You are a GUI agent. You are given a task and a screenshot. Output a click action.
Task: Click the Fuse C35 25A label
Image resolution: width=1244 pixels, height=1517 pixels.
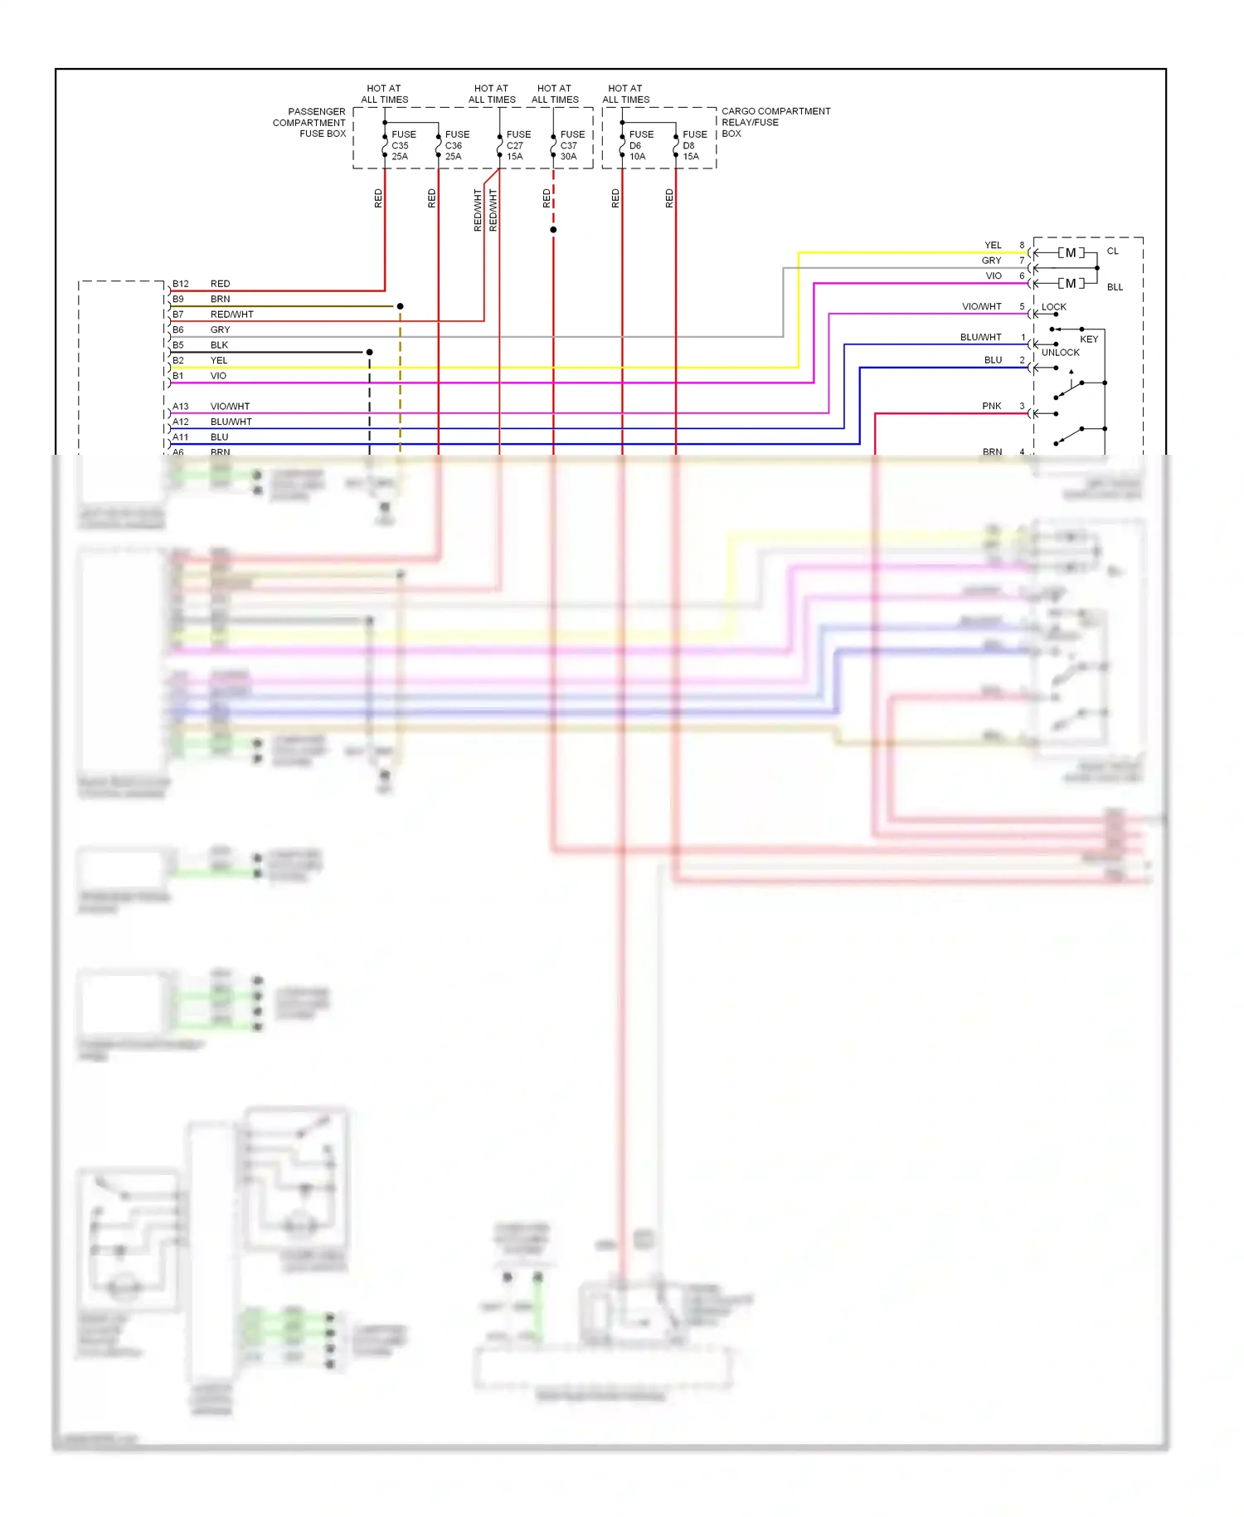[403, 145]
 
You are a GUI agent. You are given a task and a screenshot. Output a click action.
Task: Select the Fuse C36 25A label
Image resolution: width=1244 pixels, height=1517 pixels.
[456, 145]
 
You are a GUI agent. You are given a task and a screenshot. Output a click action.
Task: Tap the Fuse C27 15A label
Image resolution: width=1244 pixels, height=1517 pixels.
[518, 145]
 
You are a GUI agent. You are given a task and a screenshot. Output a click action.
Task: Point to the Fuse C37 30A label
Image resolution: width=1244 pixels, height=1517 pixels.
[572, 145]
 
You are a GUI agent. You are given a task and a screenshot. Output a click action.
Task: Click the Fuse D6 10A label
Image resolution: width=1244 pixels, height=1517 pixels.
[640, 145]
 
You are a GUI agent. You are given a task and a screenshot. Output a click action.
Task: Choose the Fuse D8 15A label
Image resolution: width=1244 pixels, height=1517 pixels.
[694, 145]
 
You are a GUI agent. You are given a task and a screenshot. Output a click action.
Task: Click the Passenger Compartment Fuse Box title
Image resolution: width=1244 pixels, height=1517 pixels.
[309, 122]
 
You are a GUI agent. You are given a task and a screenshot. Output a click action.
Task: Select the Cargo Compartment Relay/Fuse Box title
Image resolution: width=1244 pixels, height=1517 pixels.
[775, 122]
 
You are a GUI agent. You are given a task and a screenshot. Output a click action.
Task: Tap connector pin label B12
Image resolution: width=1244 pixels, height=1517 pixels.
[180, 284]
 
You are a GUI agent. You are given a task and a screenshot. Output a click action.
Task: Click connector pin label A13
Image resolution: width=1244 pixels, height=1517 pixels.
[180, 407]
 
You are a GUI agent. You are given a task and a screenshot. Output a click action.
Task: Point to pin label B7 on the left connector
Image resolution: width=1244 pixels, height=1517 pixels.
[177, 315]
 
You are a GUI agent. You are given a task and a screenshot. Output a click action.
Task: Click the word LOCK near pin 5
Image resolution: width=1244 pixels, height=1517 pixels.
[1053, 307]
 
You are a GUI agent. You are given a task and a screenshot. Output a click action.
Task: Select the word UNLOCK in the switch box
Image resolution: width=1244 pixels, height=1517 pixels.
[1060, 353]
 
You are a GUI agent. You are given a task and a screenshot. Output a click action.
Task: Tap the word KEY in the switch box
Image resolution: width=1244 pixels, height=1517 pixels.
[1088, 339]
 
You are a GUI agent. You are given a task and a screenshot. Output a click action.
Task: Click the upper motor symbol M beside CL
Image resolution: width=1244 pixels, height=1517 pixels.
[1071, 253]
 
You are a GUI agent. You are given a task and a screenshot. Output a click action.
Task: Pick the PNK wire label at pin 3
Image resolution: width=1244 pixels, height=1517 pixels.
[991, 406]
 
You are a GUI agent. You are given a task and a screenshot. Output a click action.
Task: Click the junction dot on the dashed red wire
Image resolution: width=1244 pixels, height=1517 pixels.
[553, 230]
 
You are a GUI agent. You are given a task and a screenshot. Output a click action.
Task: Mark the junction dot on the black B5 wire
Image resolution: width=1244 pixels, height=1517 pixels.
[369, 353]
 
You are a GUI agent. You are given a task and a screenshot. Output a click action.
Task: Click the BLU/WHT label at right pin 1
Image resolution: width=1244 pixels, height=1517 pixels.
[980, 338]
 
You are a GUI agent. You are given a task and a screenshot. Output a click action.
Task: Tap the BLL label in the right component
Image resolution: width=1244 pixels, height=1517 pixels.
[1115, 287]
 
